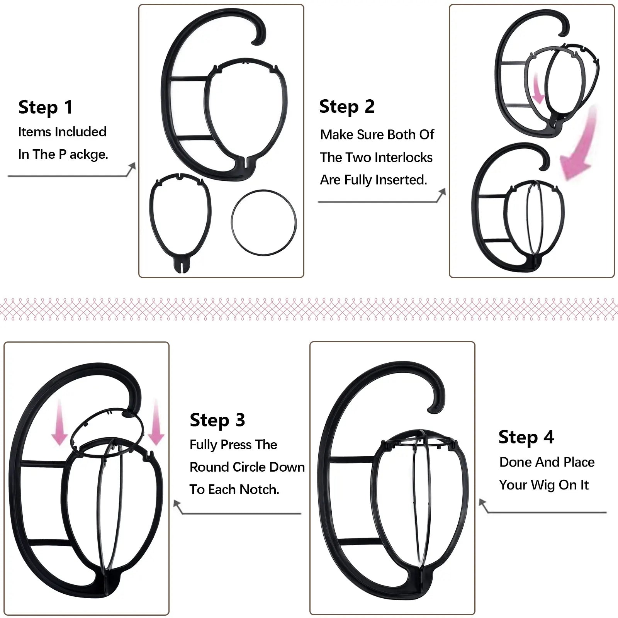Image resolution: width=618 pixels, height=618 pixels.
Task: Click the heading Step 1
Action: coord(46,107)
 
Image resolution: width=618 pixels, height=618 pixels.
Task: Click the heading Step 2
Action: coord(347,107)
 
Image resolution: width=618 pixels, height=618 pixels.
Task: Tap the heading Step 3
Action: coord(217,420)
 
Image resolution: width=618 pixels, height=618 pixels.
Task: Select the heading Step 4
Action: coord(526,437)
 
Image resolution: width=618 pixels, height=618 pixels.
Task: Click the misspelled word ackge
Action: coord(88,154)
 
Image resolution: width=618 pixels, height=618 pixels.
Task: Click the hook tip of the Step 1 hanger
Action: coord(257,40)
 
